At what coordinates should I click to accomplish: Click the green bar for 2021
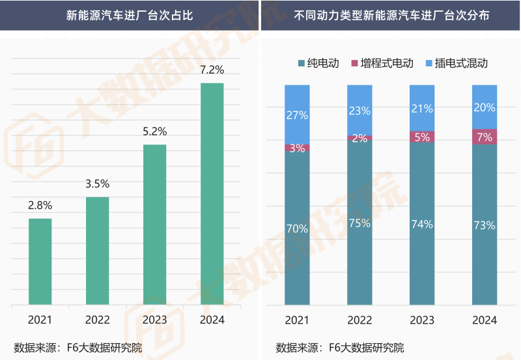40,261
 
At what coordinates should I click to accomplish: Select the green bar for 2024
212,193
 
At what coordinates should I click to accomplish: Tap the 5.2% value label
154,132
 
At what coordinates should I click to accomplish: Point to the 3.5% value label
97,184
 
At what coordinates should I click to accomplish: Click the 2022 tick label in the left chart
97,320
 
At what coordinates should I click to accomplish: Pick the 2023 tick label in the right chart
422,320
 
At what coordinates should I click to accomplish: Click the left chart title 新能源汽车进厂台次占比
130,14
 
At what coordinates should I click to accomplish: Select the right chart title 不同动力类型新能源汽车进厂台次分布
391,14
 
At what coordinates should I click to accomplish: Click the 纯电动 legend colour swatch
301,63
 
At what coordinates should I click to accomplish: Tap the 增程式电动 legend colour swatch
355,63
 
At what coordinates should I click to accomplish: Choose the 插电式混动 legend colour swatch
429,63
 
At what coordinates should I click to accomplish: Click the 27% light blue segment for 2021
297,115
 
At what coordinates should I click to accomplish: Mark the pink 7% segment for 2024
485,137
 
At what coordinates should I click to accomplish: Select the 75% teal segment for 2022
359,223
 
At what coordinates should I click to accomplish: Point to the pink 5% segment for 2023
422,137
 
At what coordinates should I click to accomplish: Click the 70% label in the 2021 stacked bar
297,228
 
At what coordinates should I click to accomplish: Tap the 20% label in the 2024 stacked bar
485,107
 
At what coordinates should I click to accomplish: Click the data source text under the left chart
77,347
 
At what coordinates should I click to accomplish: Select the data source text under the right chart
339,347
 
